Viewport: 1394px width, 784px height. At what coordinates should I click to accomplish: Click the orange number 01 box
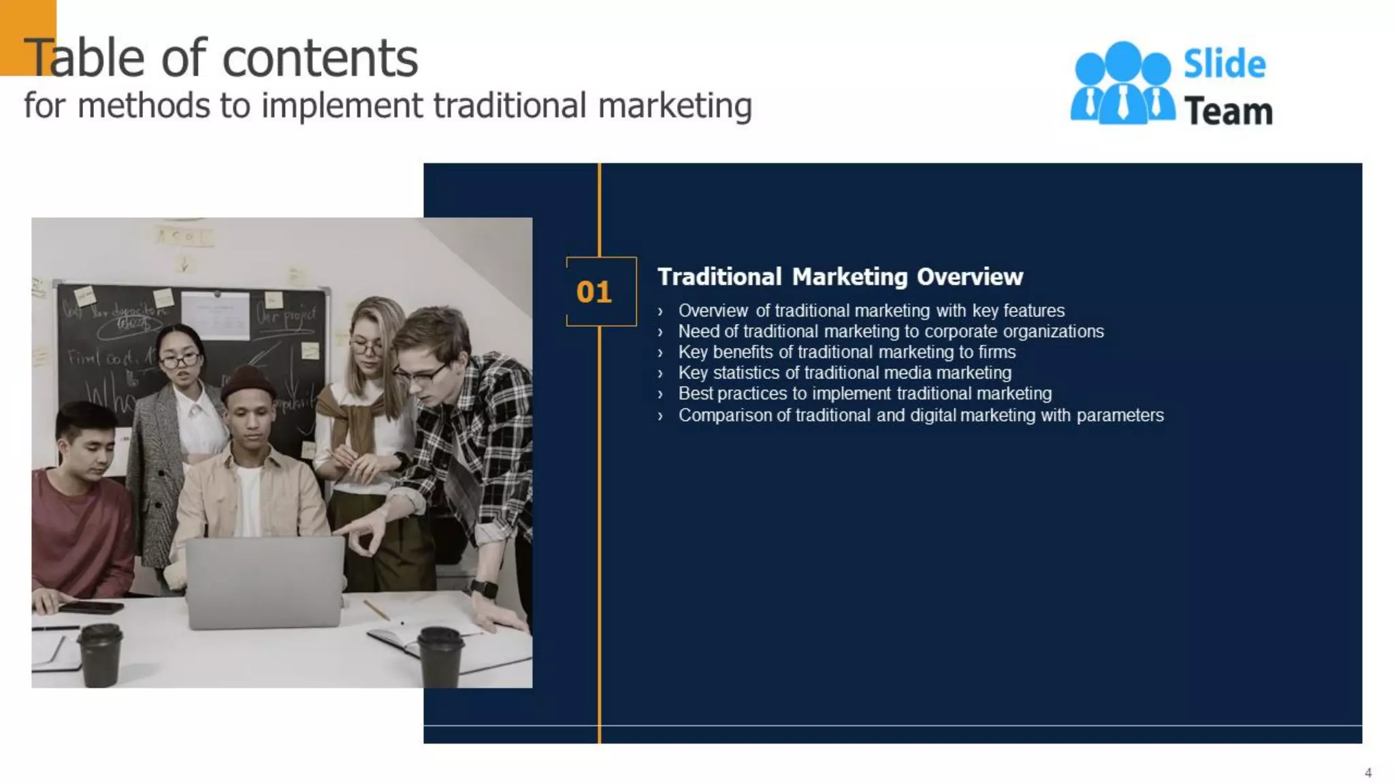[x=600, y=291]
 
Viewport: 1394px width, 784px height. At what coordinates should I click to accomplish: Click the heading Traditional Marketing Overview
[x=839, y=277]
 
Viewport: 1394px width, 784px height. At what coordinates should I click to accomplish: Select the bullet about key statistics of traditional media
[x=844, y=373]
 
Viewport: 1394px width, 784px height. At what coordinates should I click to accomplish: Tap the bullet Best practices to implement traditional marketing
[x=864, y=393]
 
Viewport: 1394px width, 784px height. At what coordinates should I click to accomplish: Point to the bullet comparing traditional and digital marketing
[x=920, y=415]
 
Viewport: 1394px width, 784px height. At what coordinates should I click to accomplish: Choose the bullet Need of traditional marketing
[x=890, y=331]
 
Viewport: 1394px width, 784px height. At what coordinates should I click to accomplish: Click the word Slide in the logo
[x=1224, y=65]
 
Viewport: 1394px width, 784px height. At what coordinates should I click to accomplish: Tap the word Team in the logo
[x=1228, y=112]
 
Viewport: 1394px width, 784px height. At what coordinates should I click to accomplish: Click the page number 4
[x=1367, y=772]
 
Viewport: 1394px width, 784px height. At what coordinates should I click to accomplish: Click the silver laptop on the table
[x=264, y=582]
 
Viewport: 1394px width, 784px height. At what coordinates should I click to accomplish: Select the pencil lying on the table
[x=376, y=610]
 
